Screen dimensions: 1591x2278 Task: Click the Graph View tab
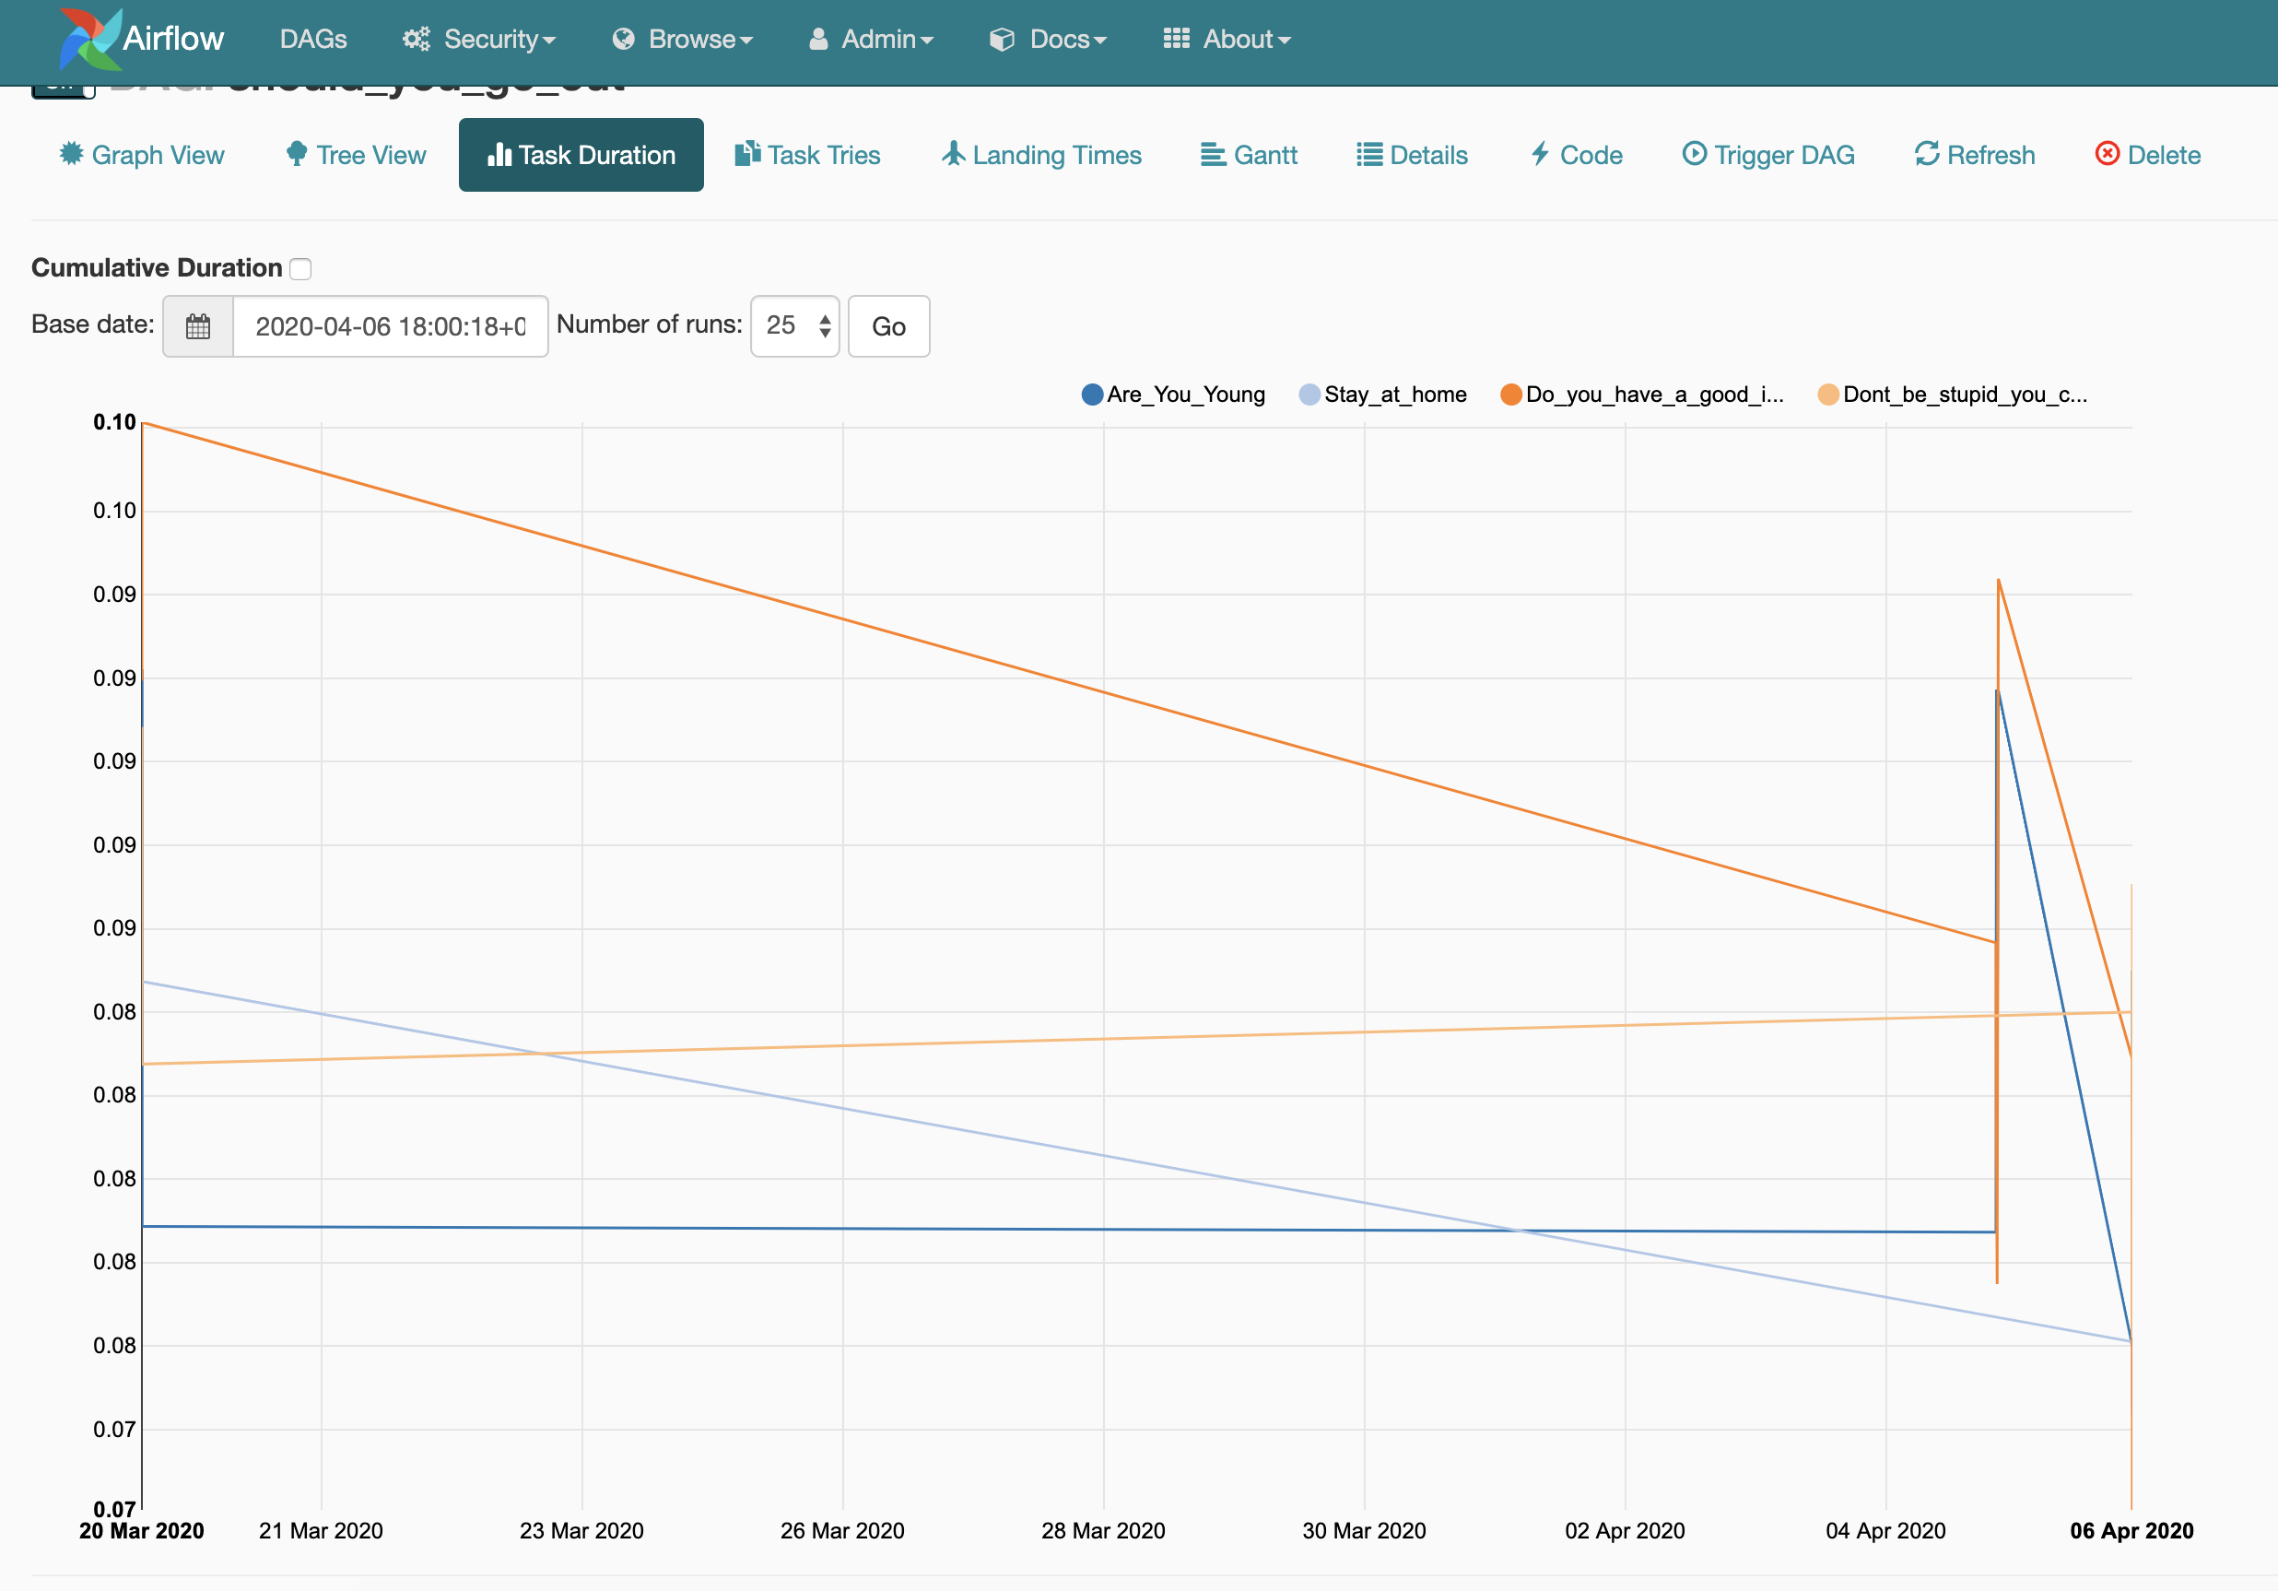[x=142, y=155]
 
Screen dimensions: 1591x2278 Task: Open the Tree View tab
[x=357, y=155]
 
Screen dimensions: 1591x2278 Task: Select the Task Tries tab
[x=807, y=155]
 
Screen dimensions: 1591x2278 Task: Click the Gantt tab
[x=1250, y=155]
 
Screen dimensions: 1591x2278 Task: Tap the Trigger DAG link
[x=1769, y=155]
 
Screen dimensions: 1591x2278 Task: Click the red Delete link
[x=2148, y=155]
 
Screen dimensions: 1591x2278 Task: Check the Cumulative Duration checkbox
[x=300, y=269]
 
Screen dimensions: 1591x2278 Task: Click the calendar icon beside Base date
[x=198, y=326]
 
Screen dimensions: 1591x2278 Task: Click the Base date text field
[x=390, y=326]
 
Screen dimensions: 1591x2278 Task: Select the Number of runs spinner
[x=794, y=325]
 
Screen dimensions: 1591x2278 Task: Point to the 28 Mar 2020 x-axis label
[x=1103, y=1530]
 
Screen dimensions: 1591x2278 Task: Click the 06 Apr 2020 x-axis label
[x=2131, y=1530]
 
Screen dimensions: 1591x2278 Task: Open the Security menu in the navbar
[x=479, y=40]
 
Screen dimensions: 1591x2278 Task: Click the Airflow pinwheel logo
[x=89, y=40]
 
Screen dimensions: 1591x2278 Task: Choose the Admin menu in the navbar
[x=872, y=40]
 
